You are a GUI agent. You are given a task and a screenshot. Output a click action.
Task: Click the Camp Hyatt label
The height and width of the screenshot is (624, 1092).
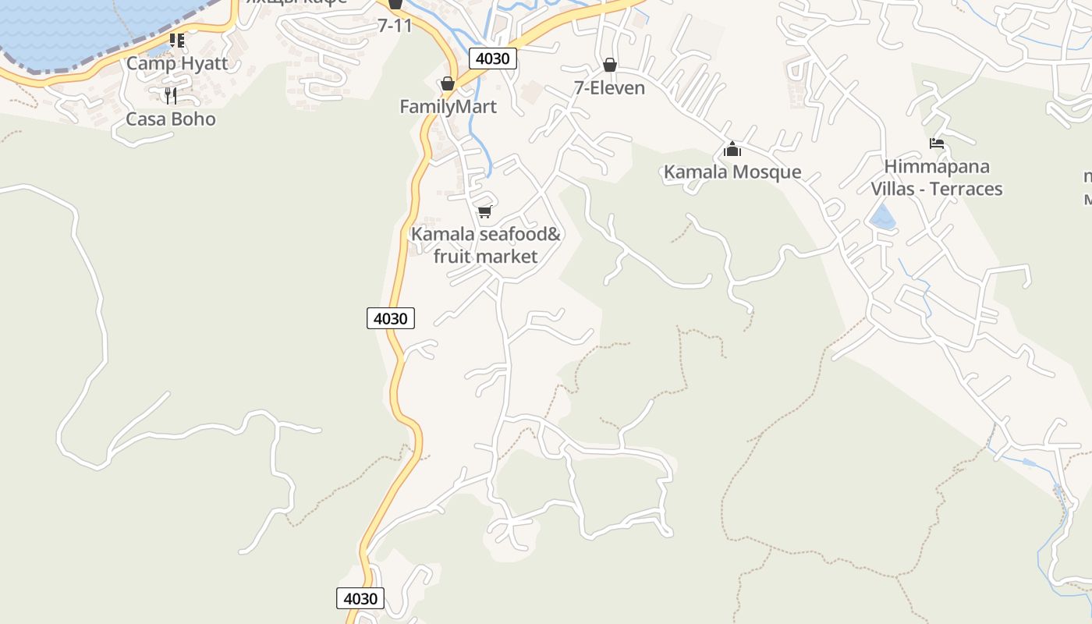pos(177,63)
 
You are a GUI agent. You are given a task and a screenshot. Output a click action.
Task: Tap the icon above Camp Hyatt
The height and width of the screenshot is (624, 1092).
pos(177,40)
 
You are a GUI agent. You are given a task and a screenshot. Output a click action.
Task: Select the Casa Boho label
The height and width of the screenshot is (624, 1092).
pos(171,119)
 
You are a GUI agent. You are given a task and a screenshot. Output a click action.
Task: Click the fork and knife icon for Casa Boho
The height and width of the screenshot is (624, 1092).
pos(171,96)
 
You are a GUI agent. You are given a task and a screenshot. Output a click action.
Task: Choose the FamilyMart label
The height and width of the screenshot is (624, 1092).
pos(448,107)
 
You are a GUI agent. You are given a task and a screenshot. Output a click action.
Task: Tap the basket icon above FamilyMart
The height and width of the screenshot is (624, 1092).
pos(448,83)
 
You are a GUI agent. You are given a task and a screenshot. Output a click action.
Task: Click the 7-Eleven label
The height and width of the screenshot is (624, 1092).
pos(609,88)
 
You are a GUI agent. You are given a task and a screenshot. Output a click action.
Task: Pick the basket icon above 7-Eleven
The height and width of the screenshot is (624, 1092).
pos(609,65)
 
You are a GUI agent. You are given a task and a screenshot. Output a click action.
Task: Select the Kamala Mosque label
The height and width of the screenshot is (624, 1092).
pos(732,172)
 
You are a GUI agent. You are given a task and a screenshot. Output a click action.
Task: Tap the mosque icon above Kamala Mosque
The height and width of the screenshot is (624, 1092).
pos(732,148)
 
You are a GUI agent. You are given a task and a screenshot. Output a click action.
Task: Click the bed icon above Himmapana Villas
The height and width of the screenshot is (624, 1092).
pos(937,144)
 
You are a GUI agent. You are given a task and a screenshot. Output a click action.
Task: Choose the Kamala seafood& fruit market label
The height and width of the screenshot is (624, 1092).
pos(485,245)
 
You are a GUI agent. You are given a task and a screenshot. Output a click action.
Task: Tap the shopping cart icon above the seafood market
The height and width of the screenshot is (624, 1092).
pos(484,211)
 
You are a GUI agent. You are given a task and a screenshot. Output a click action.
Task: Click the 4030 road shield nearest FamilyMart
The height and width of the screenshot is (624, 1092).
pos(492,58)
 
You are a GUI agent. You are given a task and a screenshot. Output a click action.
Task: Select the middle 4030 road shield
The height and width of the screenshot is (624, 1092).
pos(390,318)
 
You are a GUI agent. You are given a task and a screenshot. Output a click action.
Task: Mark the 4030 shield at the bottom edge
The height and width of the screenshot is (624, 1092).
pos(360,598)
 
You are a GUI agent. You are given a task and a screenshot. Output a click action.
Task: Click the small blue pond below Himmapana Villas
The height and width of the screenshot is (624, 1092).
pos(882,218)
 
